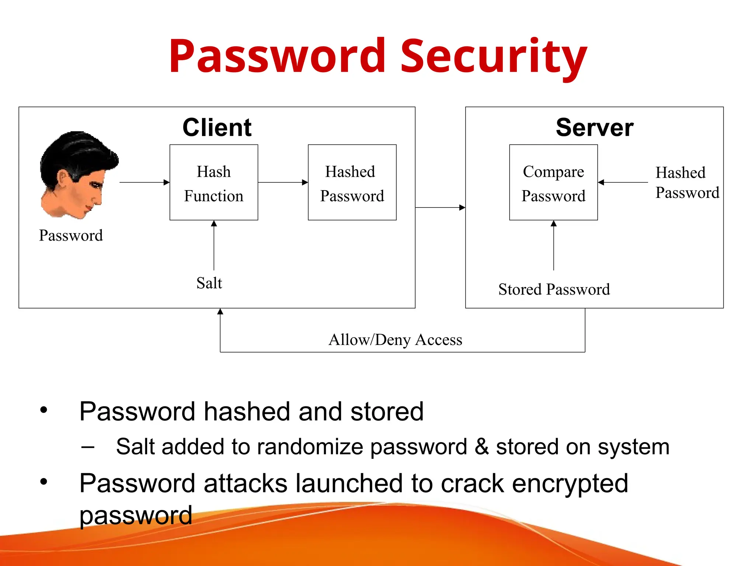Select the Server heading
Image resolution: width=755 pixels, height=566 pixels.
click(594, 127)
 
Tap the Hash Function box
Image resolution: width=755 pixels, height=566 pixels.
click(214, 183)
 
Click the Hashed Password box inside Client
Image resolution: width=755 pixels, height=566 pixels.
click(352, 183)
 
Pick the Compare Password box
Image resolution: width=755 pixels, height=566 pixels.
click(553, 183)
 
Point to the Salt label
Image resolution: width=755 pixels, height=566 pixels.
click(209, 283)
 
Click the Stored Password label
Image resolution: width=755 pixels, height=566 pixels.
click(554, 289)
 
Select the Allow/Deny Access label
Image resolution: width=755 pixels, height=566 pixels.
click(395, 339)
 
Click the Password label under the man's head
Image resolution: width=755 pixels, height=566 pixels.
click(71, 235)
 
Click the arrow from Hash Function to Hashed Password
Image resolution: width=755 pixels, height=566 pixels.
click(283, 182)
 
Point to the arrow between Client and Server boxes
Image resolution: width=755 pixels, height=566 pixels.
click(440, 207)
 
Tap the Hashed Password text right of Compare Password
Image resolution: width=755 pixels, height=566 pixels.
click(687, 183)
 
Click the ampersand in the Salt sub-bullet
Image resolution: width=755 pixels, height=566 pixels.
click(481, 447)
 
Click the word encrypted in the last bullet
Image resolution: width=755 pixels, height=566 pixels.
click(570, 483)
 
